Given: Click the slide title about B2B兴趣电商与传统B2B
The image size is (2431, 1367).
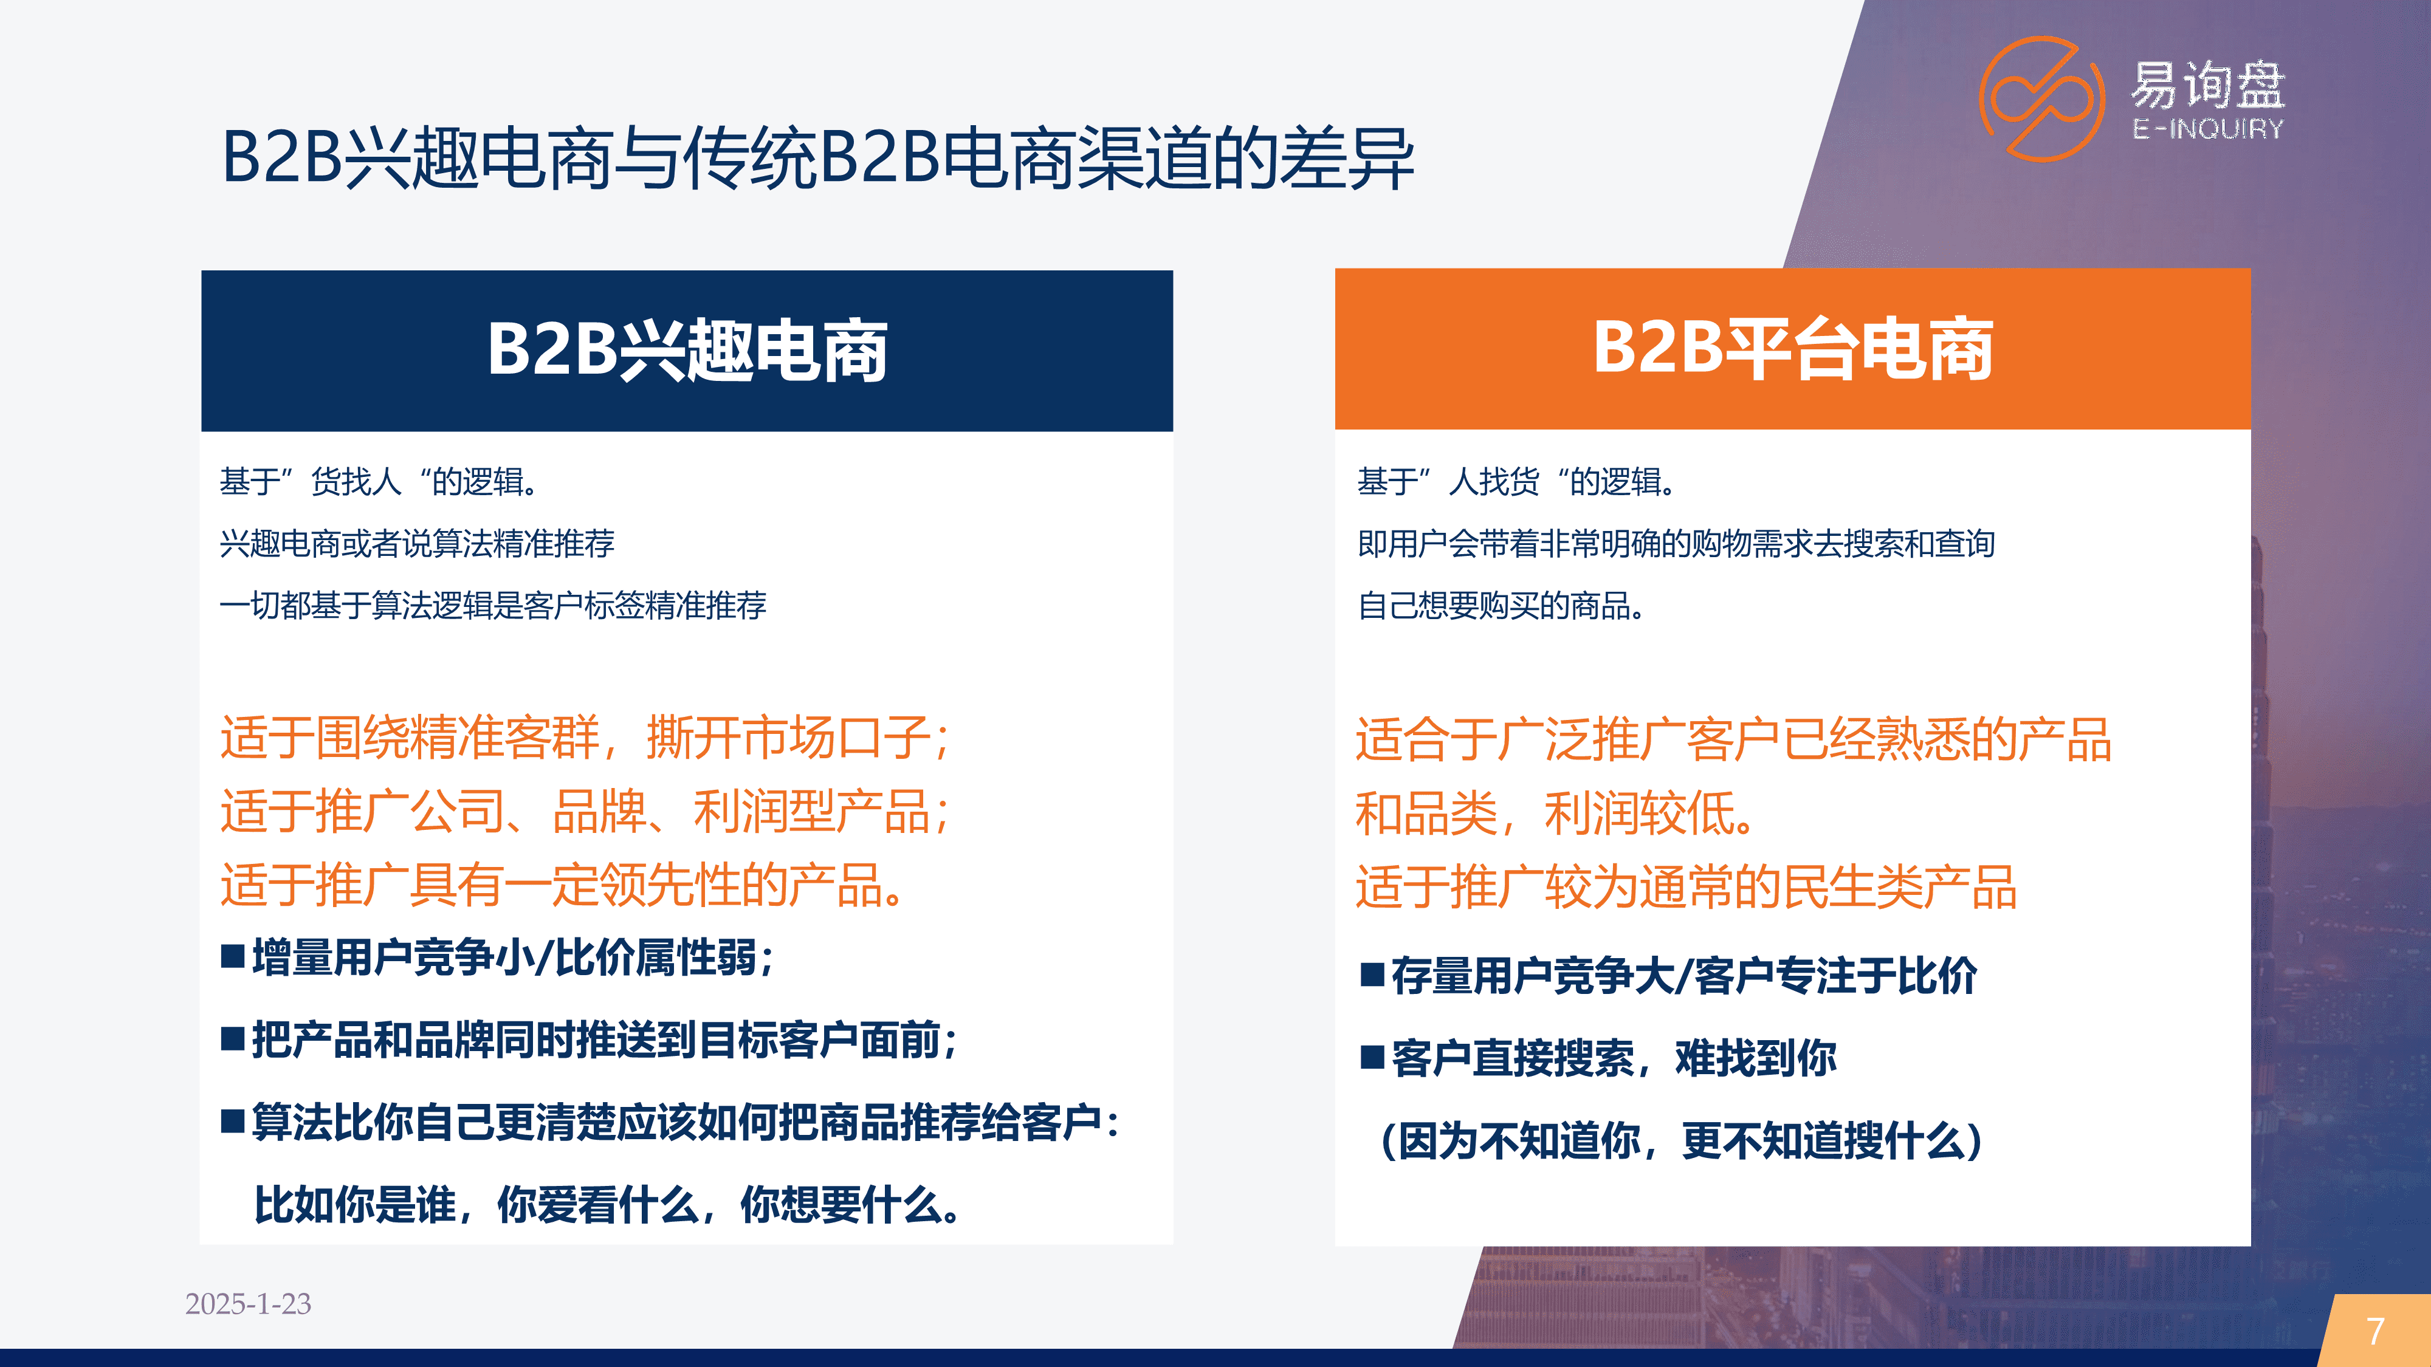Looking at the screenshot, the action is click(x=817, y=157).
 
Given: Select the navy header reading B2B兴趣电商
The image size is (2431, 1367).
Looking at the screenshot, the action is click(x=687, y=351).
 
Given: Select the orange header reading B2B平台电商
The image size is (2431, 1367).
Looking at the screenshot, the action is click(x=1792, y=349).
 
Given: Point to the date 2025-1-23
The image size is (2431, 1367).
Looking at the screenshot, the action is click(x=248, y=1304).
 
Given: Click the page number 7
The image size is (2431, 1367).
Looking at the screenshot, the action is click(x=2375, y=1331).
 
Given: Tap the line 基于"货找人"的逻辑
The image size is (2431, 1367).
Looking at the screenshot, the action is click(x=379, y=482).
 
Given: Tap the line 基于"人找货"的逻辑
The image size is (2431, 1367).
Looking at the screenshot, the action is click(x=1518, y=482).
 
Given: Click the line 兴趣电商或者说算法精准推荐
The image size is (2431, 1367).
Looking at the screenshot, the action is click(x=417, y=543).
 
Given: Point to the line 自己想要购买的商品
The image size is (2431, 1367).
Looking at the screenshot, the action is click(x=1501, y=606).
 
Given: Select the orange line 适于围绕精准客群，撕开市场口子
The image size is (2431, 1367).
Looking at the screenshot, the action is click(x=585, y=738).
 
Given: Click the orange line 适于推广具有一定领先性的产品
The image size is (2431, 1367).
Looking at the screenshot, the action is click(x=562, y=885).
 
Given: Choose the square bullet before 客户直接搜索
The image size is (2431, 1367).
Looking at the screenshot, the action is click(x=1372, y=1058).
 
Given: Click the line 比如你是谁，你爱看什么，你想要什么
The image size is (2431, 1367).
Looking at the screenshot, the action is click(x=607, y=1205).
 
